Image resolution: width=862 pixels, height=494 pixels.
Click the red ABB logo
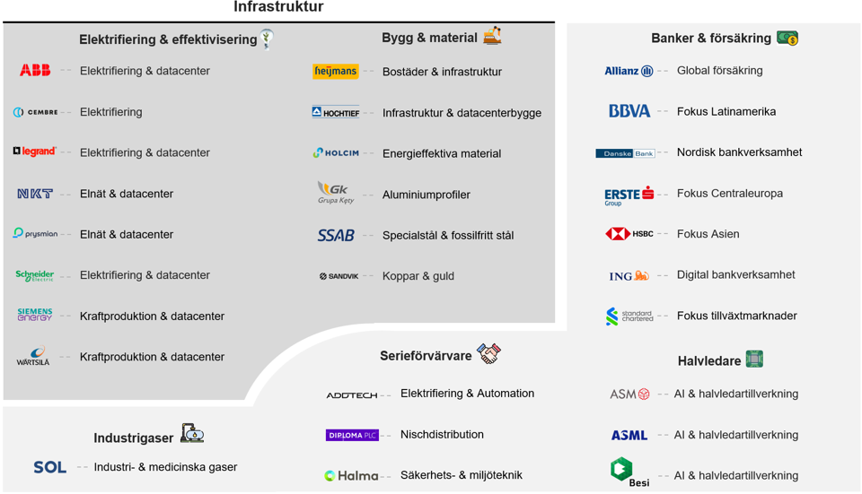pos(35,70)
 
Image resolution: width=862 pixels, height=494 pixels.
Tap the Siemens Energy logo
pos(35,315)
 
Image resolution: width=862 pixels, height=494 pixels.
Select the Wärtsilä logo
pos(33,356)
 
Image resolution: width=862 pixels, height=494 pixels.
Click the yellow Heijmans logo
pos(335,72)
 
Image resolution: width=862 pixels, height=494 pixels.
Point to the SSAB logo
pos(336,236)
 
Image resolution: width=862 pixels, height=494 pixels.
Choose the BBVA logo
pos(629,111)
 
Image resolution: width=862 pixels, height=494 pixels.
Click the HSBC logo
pos(629,234)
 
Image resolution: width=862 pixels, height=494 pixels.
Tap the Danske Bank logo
pos(626,153)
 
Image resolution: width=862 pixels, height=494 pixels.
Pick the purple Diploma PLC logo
pos(352,435)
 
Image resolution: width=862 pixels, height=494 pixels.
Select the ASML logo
pos(629,435)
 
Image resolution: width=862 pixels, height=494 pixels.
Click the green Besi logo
pos(629,472)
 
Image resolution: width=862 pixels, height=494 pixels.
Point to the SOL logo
pos(50,468)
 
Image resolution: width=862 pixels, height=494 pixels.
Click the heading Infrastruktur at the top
pos(278,6)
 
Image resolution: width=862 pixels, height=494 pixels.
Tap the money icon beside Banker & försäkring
pos(787,38)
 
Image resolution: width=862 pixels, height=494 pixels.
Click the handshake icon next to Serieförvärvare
pos(488,353)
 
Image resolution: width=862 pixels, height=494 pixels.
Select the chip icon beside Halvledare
pos(754,360)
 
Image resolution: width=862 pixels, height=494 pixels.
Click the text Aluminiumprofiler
pos(426,195)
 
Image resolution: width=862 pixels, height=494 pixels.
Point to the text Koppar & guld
pos(418,276)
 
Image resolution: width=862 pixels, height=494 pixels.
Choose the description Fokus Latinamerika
pos(726,111)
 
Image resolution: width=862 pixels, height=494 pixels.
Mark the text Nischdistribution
pos(442,435)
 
